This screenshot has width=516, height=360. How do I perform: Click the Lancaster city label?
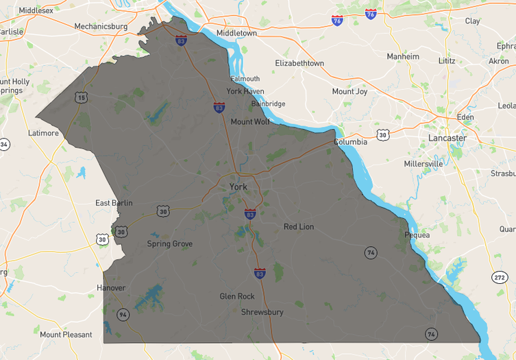click(x=447, y=138)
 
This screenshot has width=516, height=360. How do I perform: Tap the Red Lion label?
click(x=299, y=226)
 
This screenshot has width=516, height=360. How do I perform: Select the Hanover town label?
click(x=111, y=287)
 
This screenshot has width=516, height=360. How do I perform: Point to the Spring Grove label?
click(x=170, y=243)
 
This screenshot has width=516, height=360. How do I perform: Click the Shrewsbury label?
click(x=262, y=312)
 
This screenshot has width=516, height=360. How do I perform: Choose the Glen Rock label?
click(x=237, y=296)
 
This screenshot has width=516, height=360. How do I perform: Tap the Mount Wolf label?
click(x=250, y=122)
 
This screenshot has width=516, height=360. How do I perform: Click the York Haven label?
click(x=245, y=91)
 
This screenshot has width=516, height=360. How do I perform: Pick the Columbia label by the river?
click(x=350, y=142)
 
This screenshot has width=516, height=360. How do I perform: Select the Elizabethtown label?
click(x=299, y=63)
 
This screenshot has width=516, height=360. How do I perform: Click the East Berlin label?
click(x=114, y=203)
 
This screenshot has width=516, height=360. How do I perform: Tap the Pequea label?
click(x=417, y=235)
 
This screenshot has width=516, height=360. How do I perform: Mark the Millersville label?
click(x=423, y=164)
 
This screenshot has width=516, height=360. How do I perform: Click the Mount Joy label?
click(x=349, y=91)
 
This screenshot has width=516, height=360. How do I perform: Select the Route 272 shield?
click(x=500, y=276)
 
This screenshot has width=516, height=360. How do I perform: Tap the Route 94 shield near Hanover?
click(x=123, y=315)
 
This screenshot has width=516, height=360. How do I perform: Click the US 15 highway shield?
click(x=82, y=98)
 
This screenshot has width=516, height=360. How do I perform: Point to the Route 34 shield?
click(x=4, y=145)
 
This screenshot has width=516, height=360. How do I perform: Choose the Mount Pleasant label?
click(x=66, y=335)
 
